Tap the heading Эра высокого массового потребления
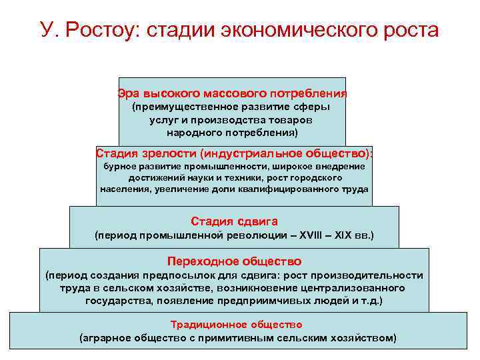coord(232,93)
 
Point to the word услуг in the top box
coord(163,119)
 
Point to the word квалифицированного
coord(288,189)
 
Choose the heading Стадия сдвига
coord(234,221)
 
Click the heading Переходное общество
coord(234,261)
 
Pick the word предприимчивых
coord(279,301)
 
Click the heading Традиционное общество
coord(237,325)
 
